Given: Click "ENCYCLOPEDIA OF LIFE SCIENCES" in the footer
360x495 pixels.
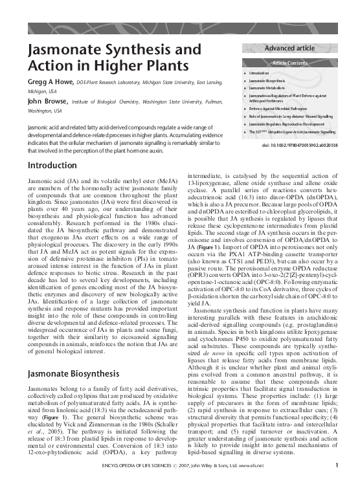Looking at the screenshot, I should click(x=129, y=483).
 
